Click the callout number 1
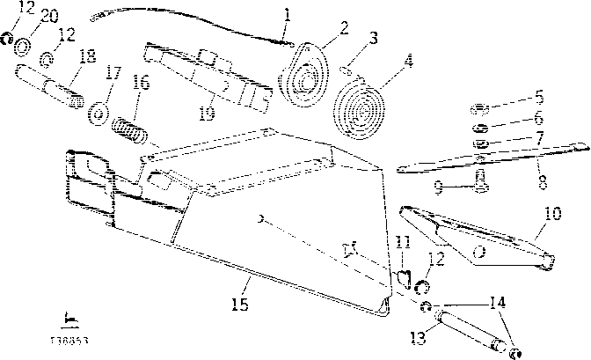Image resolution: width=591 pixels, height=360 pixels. coord(286,13)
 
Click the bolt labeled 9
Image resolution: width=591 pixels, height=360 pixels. coord(479,181)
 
